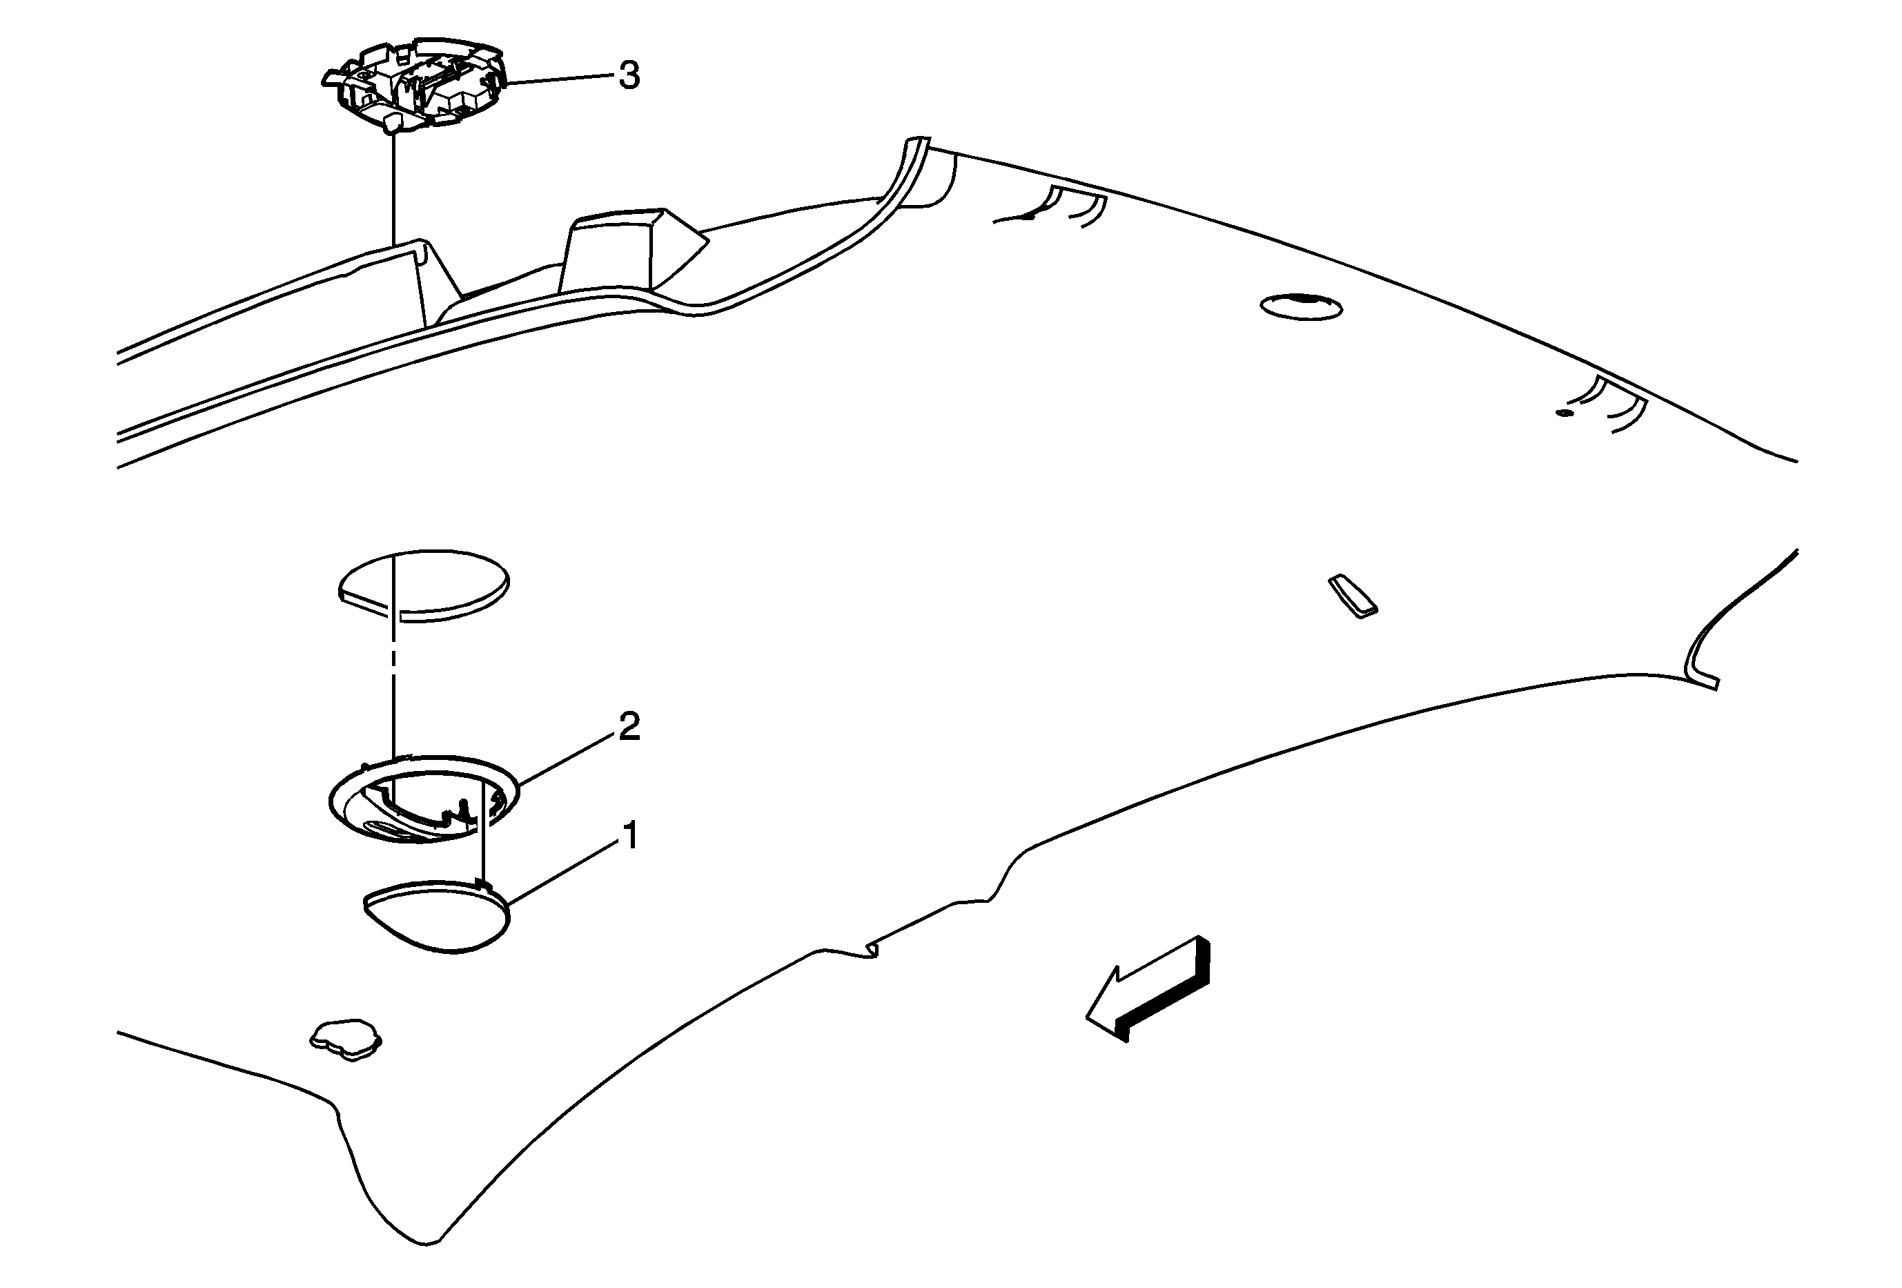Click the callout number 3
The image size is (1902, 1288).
click(629, 76)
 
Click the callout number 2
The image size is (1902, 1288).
click(629, 727)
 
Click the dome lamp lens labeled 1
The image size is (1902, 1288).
click(435, 917)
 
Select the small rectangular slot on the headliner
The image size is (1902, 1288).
click(1352, 595)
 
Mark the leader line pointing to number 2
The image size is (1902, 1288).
click(567, 758)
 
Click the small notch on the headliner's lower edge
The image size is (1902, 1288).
click(872, 948)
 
